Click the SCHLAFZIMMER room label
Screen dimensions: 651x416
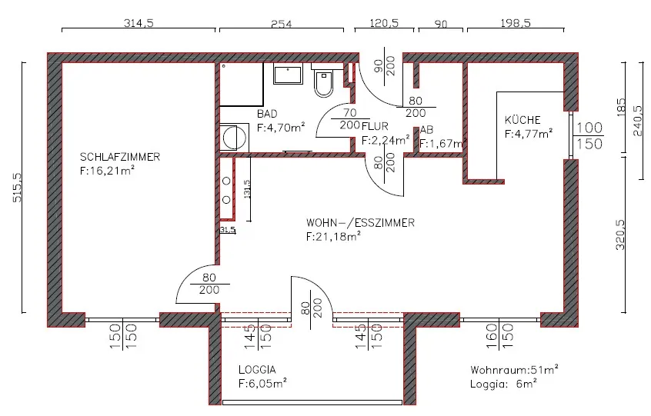120,157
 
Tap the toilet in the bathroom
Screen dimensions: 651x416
323,82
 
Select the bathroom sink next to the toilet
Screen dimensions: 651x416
288,75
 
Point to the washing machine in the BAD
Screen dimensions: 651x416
234,138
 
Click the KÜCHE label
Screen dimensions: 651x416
522,120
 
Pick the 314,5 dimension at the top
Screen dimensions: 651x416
139,23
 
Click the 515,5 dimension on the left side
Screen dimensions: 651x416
17,188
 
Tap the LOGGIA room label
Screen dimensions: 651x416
257,370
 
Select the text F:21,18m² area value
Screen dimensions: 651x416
333,236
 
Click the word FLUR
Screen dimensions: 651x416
375,126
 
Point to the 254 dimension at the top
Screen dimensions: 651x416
282,24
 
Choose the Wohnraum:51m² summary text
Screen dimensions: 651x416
514,370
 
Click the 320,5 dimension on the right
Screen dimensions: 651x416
619,235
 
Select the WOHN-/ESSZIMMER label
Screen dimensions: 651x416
360,223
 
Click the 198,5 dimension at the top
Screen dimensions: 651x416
516,23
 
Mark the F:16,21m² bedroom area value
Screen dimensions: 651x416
107,171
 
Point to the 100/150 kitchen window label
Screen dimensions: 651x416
589,135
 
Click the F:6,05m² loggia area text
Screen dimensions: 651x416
262,383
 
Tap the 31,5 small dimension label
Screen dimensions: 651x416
228,229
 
